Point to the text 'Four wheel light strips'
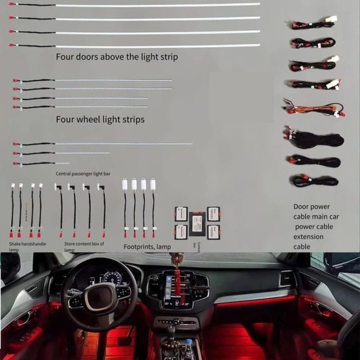pyautogui.click(x=100, y=120)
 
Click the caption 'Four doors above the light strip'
pyautogui.click(x=117, y=57)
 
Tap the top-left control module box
pyautogui.click(x=181, y=213)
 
